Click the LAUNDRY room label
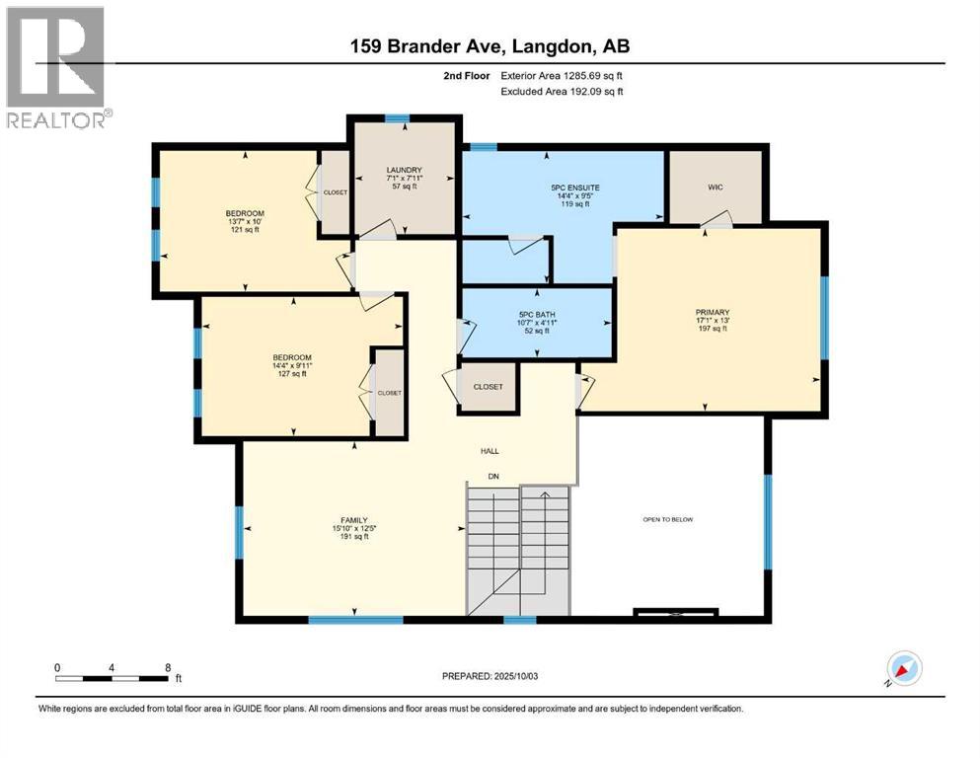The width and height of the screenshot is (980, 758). pyautogui.click(x=404, y=170)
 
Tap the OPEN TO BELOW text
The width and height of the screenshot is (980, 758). pyautogui.click(x=667, y=519)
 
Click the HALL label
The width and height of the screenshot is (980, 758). pyautogui.click(x=490, y=450)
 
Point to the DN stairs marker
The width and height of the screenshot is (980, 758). pyautogui.click(x=493, y=477)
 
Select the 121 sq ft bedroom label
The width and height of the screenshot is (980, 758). pyautogui.click(x=245, y=214)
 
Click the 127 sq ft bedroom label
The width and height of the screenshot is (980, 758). pyautogui.click(x=292, y=357)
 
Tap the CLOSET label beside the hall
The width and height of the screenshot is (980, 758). pyautogui.click(x=489, y=387)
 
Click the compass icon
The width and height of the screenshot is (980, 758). pyautogui.click(x=904, y=668)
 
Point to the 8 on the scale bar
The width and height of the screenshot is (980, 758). pyautogui.click(x=169, y=667)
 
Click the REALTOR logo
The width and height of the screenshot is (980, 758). pyautogui.click(x=56, y=68)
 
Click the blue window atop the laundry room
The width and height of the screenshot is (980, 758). pyautogui.click(x=397, y=118)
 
